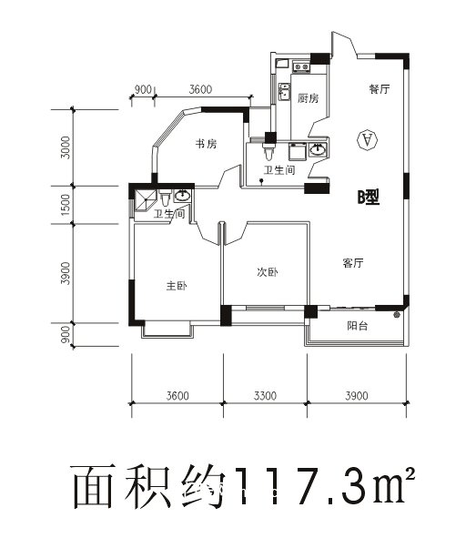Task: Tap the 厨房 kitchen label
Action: (x=308, y=98)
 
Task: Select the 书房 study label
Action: (x=205, y=144)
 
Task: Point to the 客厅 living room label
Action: (x=353, y=263)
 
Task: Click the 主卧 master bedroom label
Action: (x=177, y=287)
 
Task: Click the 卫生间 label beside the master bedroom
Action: (x=169, y=214)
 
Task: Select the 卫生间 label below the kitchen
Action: (x=279, y=170)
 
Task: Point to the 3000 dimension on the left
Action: (x=65, y=148)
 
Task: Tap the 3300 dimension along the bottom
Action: (x=264, y=395)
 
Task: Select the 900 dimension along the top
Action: (x=142, y=89)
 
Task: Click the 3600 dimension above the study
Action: (x=200, y=89)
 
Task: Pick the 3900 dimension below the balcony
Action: (x=356, y=395)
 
